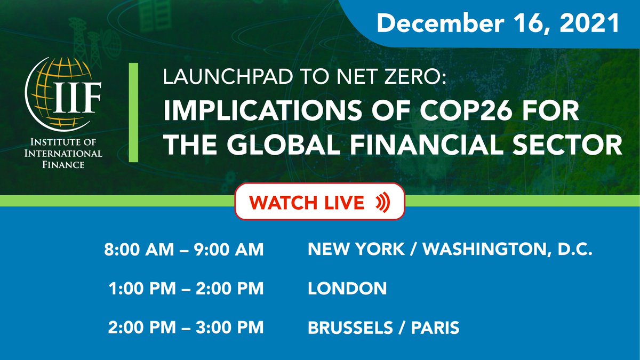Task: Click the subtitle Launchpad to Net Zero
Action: (x=306, y=81)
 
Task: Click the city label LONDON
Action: (x=347, y=289)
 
